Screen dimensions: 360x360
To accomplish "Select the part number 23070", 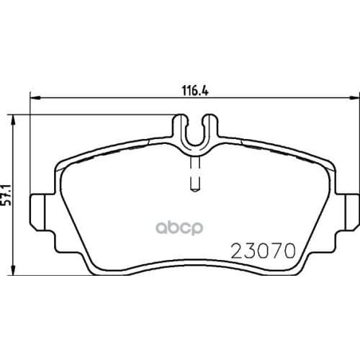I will [x=264, y=252].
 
